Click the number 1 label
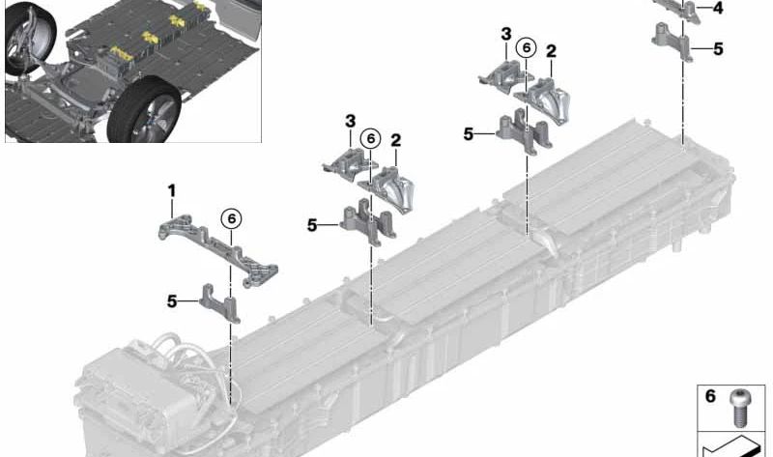tap(172, 190)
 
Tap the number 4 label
tap(718, 9)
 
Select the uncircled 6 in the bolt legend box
tap(710, 396)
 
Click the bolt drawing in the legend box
tap(738, 408)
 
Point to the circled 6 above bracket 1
tap(232, 218)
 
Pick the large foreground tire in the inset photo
tap(143, 110)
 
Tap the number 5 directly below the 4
tap(718, 49)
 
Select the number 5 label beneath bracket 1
tap(172, 300)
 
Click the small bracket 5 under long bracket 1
tap(220, 302)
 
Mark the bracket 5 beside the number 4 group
tap(673, 42)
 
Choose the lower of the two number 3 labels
tap(350, 121)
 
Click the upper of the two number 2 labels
tap(551, 51)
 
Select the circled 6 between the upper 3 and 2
tap(526, 47)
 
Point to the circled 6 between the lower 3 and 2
tap(371, 139)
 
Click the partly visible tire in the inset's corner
tap(27, 36)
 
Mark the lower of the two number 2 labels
tap(395, 140)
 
